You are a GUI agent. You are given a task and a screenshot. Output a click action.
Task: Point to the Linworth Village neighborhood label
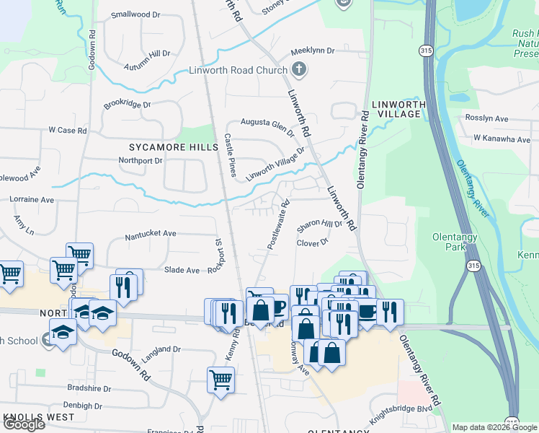(396, 109)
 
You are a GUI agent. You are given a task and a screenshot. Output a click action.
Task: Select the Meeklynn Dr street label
(313, 51)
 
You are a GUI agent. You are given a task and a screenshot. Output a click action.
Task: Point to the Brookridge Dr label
(127, 105)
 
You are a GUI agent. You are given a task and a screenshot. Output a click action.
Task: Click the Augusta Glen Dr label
(267, 128)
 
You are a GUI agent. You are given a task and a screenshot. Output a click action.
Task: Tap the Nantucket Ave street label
(151, 234)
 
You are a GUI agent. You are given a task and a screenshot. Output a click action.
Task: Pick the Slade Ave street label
(182, 270)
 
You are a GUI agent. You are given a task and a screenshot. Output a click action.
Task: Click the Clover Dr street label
(312, 242)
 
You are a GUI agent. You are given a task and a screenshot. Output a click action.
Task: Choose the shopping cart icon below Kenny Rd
(220, 380)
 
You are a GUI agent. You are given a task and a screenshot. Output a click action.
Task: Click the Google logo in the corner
(24, 424)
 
